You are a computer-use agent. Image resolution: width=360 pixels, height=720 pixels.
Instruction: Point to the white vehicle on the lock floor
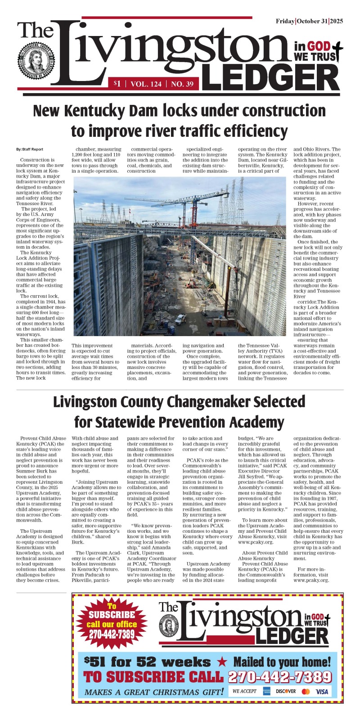180,319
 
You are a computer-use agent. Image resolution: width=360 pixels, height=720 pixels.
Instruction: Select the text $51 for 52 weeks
147,662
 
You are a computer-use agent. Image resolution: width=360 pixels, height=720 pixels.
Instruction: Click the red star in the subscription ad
221,662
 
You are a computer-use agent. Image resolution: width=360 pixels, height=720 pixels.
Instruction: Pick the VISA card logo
322,691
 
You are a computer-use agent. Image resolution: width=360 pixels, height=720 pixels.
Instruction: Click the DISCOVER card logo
286,691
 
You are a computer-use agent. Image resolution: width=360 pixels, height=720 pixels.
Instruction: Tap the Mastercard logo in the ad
306,691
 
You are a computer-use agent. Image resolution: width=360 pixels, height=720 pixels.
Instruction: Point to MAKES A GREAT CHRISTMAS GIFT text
154,692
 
